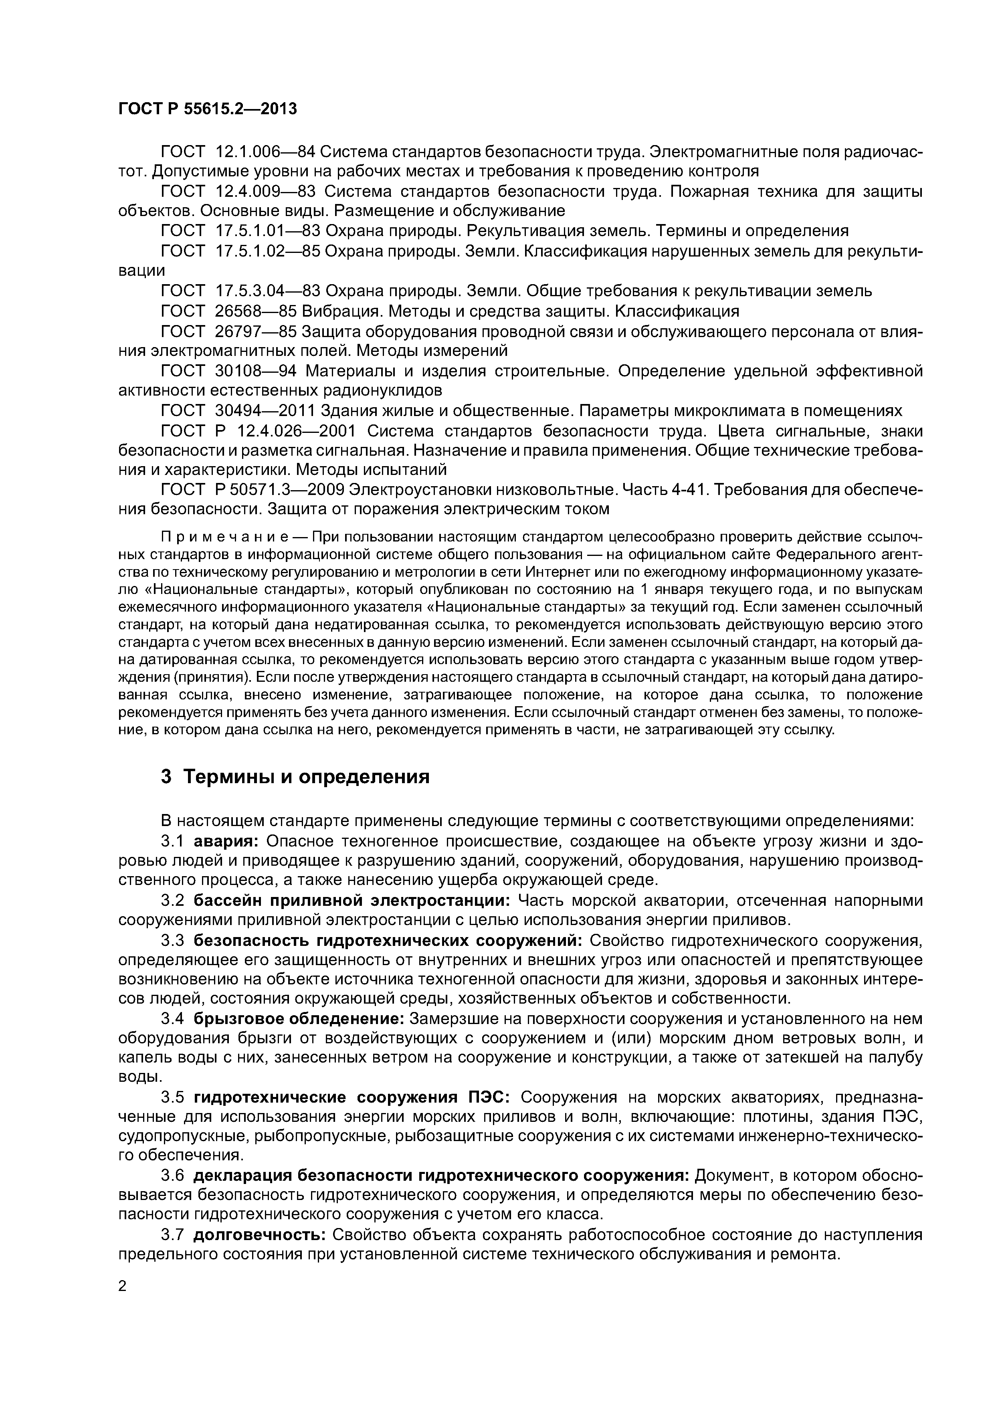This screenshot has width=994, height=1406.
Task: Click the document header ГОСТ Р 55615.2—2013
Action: pyautogui.click(x=207, y=109)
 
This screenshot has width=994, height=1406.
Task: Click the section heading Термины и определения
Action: pyautogui.click(x=306, y=777)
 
